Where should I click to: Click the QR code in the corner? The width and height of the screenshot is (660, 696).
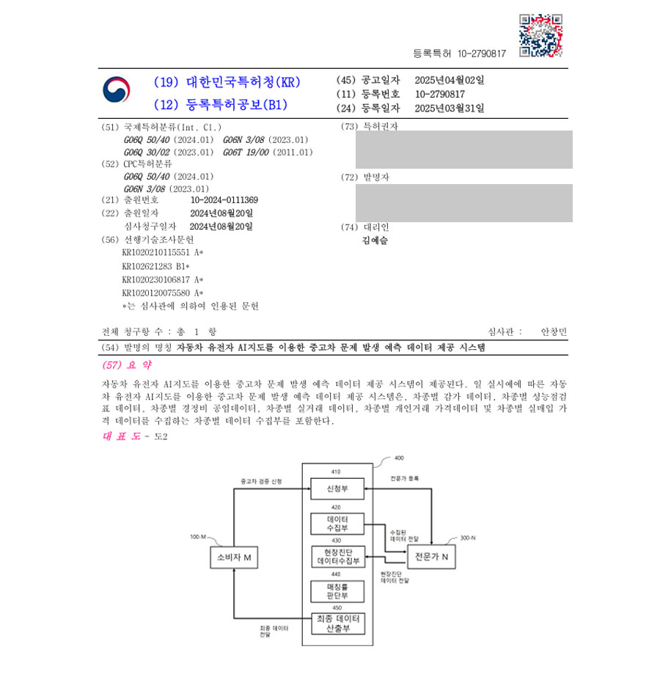540,35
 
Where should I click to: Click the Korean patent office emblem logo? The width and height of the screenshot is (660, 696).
117,91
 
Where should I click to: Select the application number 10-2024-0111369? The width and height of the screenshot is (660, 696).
224,200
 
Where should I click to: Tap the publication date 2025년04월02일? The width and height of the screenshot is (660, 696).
449,80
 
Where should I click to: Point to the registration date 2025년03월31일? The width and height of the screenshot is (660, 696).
449,108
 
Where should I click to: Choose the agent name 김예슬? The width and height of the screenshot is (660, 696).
375,240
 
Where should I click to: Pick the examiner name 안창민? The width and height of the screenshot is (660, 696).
554,331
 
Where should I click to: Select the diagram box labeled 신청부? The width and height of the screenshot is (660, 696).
337,488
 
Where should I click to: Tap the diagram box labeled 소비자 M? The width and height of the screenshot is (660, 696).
234,558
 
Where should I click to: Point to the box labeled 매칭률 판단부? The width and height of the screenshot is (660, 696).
337,590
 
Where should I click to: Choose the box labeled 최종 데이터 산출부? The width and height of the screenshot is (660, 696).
337,624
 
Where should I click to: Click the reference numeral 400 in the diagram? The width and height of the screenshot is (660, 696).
399,458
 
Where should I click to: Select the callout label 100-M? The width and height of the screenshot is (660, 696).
198,537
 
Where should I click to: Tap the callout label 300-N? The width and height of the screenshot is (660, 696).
467,538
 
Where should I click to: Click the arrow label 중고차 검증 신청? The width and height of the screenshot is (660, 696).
260,482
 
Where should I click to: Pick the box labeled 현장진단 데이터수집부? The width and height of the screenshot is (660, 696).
337,557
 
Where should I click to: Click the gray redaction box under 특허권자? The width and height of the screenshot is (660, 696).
463,150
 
